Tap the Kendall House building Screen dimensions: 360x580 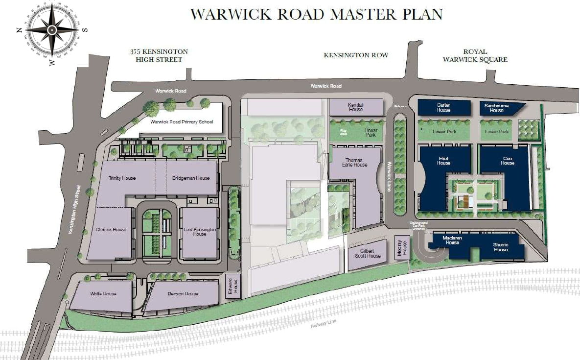(355, 107)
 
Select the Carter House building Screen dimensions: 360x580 (443, 107)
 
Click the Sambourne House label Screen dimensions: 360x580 (496, 108)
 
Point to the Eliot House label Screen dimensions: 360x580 (443, 161)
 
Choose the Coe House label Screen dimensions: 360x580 (507, 161)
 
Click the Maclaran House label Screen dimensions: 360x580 (452, 240)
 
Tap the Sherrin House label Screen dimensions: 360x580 (500, 247)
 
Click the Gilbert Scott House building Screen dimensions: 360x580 (367, 253)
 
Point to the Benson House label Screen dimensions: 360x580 (183, 293)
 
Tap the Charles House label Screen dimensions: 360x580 (111, 229)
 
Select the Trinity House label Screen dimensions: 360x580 (123, 178)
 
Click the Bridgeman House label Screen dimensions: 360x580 (191, 178)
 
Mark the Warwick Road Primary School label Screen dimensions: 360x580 (182, 121)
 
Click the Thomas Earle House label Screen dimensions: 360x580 (354, 163)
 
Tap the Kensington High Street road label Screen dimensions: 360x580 (73, 208)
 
